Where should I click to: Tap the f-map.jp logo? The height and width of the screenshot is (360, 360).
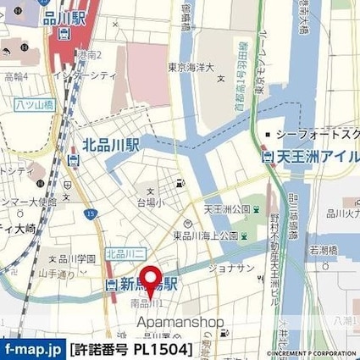click(33, 349)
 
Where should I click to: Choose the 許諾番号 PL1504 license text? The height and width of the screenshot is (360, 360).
click(131, 349)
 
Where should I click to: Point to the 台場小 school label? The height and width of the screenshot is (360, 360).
click(151, 202)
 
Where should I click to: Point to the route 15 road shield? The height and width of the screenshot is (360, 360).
click(88, 213)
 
